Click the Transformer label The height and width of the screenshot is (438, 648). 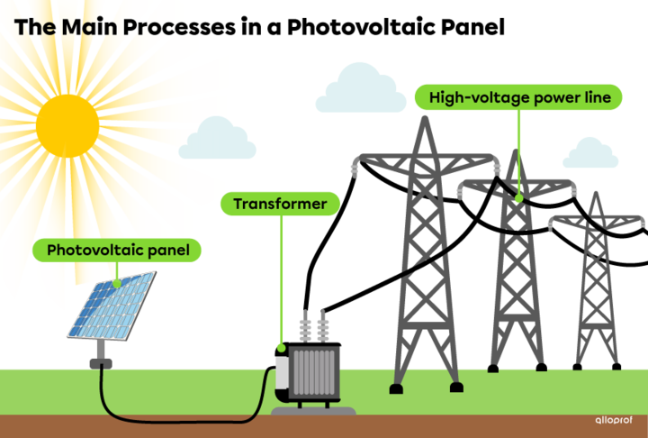[280, 205]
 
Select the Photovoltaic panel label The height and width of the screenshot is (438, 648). [118, 250]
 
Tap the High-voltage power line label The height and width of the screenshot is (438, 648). [519, 97]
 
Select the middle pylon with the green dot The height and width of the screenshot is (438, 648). [517, 270]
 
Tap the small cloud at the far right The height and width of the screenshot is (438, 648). [590, 154]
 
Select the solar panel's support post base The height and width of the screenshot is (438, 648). [101, 361]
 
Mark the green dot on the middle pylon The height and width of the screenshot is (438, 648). [518, 197]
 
